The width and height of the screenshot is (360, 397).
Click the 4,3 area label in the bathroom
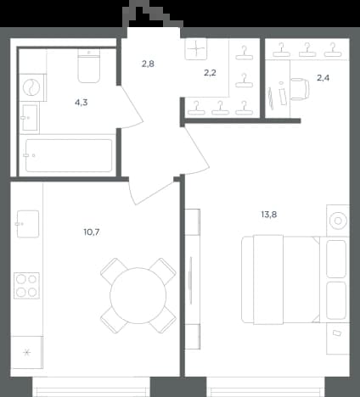coord(82,103)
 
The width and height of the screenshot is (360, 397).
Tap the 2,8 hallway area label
coord(148,64)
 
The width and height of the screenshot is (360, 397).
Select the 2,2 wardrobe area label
coord(210,73)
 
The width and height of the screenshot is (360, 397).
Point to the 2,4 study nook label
coord(323,78)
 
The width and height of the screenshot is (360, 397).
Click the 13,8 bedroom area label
coord(269,215)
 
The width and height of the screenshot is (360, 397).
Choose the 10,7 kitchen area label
coord(92,232)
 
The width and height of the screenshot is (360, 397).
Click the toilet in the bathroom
coord(89,66)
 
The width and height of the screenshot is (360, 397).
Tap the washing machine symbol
coord(31,87)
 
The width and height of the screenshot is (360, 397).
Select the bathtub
coord(69,155)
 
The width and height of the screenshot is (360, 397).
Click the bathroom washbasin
coord(30,118)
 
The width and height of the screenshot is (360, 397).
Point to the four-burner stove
coord(27,286)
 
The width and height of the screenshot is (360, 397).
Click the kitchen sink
coord(28,224)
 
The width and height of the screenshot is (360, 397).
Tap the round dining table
coord(138,296)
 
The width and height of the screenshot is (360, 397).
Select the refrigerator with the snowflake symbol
coord(27,352)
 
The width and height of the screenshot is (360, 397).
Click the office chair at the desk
coord(300,89)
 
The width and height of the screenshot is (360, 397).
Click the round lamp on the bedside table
coord(338,221)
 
